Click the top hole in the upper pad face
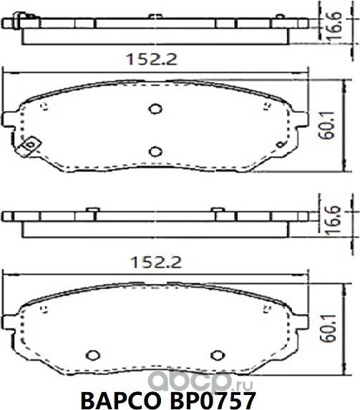pyautogui.click(x=155, y=109)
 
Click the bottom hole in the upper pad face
pyautogui.click(x=155, y=150)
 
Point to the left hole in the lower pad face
pyautogui.click(x=91, y=353)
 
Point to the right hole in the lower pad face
pyautogui.click(x=218, y=353)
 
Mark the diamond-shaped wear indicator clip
pyautogui.click(x=29, y=147)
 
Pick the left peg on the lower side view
pyautogui.click(x=91, y=209)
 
